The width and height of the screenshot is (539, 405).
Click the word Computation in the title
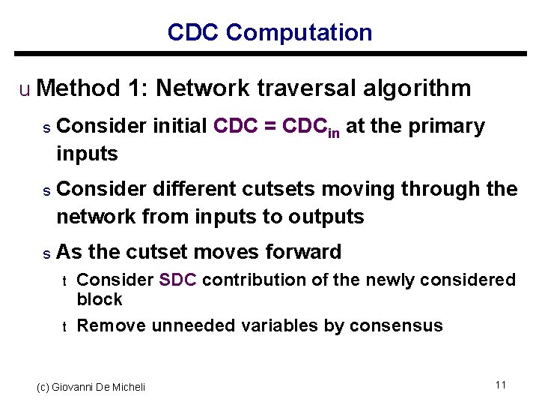pyautogui.click(x=299, y=33)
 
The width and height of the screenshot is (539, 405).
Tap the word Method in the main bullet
pyautogui.click(x=78, y=88)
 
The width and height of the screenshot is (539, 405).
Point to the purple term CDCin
pyautogui.click(x=311, y=127)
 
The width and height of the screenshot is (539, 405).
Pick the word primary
pyautogui.click(x=447, y=127)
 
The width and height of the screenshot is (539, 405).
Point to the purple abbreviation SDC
pyautogui.click(x=177, y=280)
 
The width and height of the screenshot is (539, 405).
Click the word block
pyautogui.click(x=100, y=299)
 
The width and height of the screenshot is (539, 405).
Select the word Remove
pyautogui.click(x=112, y=325)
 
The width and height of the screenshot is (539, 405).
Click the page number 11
pyautogui.click(x=501, y=385)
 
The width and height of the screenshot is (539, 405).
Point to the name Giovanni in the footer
pyautogui.click(x=74, y=387)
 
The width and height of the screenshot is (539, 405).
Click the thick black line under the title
pyautogui.click(x=270, y=54)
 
